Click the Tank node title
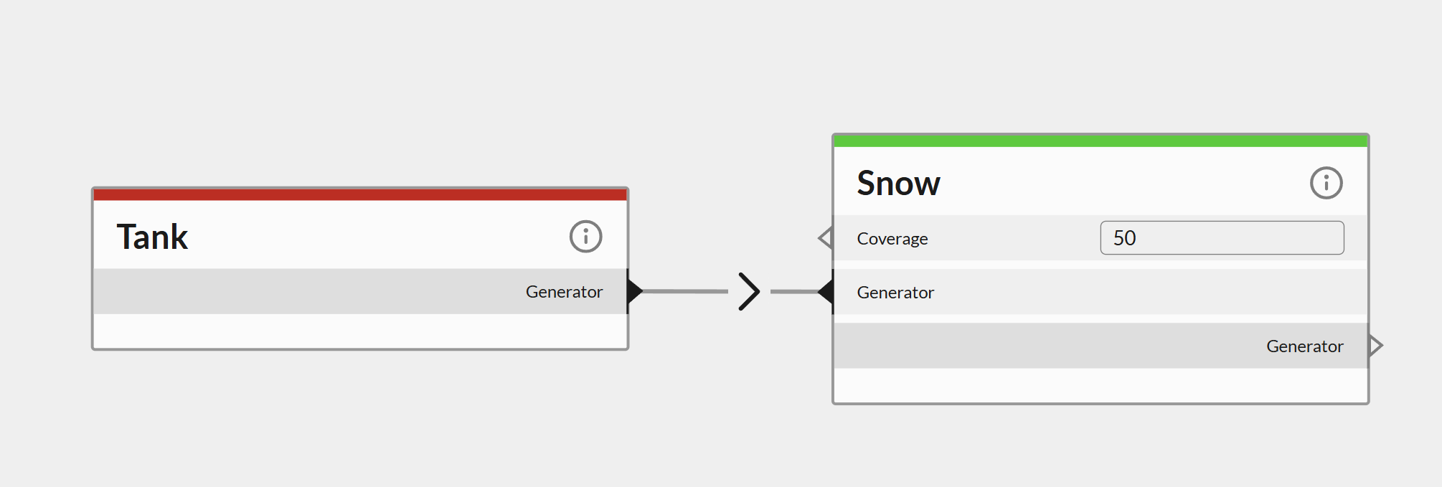[152, 237]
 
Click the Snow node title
[898, 183]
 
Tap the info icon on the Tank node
[585, 236]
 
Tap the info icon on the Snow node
[1326, 183]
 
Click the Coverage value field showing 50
[1222, 237]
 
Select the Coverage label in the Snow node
[892, 239]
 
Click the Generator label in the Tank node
[564, 292]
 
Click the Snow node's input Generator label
[895, 293]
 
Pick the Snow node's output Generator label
[1304, 346]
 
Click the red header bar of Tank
[360, 194]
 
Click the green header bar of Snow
[1101, 141]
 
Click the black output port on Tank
[634, 291]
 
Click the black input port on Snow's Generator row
[826, 292]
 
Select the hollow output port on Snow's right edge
[1375, 346]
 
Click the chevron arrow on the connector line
[749, 291]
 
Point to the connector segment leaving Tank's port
[685, 291]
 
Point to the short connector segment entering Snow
[793, 292]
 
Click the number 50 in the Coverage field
[1124, 238]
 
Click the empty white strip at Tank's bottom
[360, 331]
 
